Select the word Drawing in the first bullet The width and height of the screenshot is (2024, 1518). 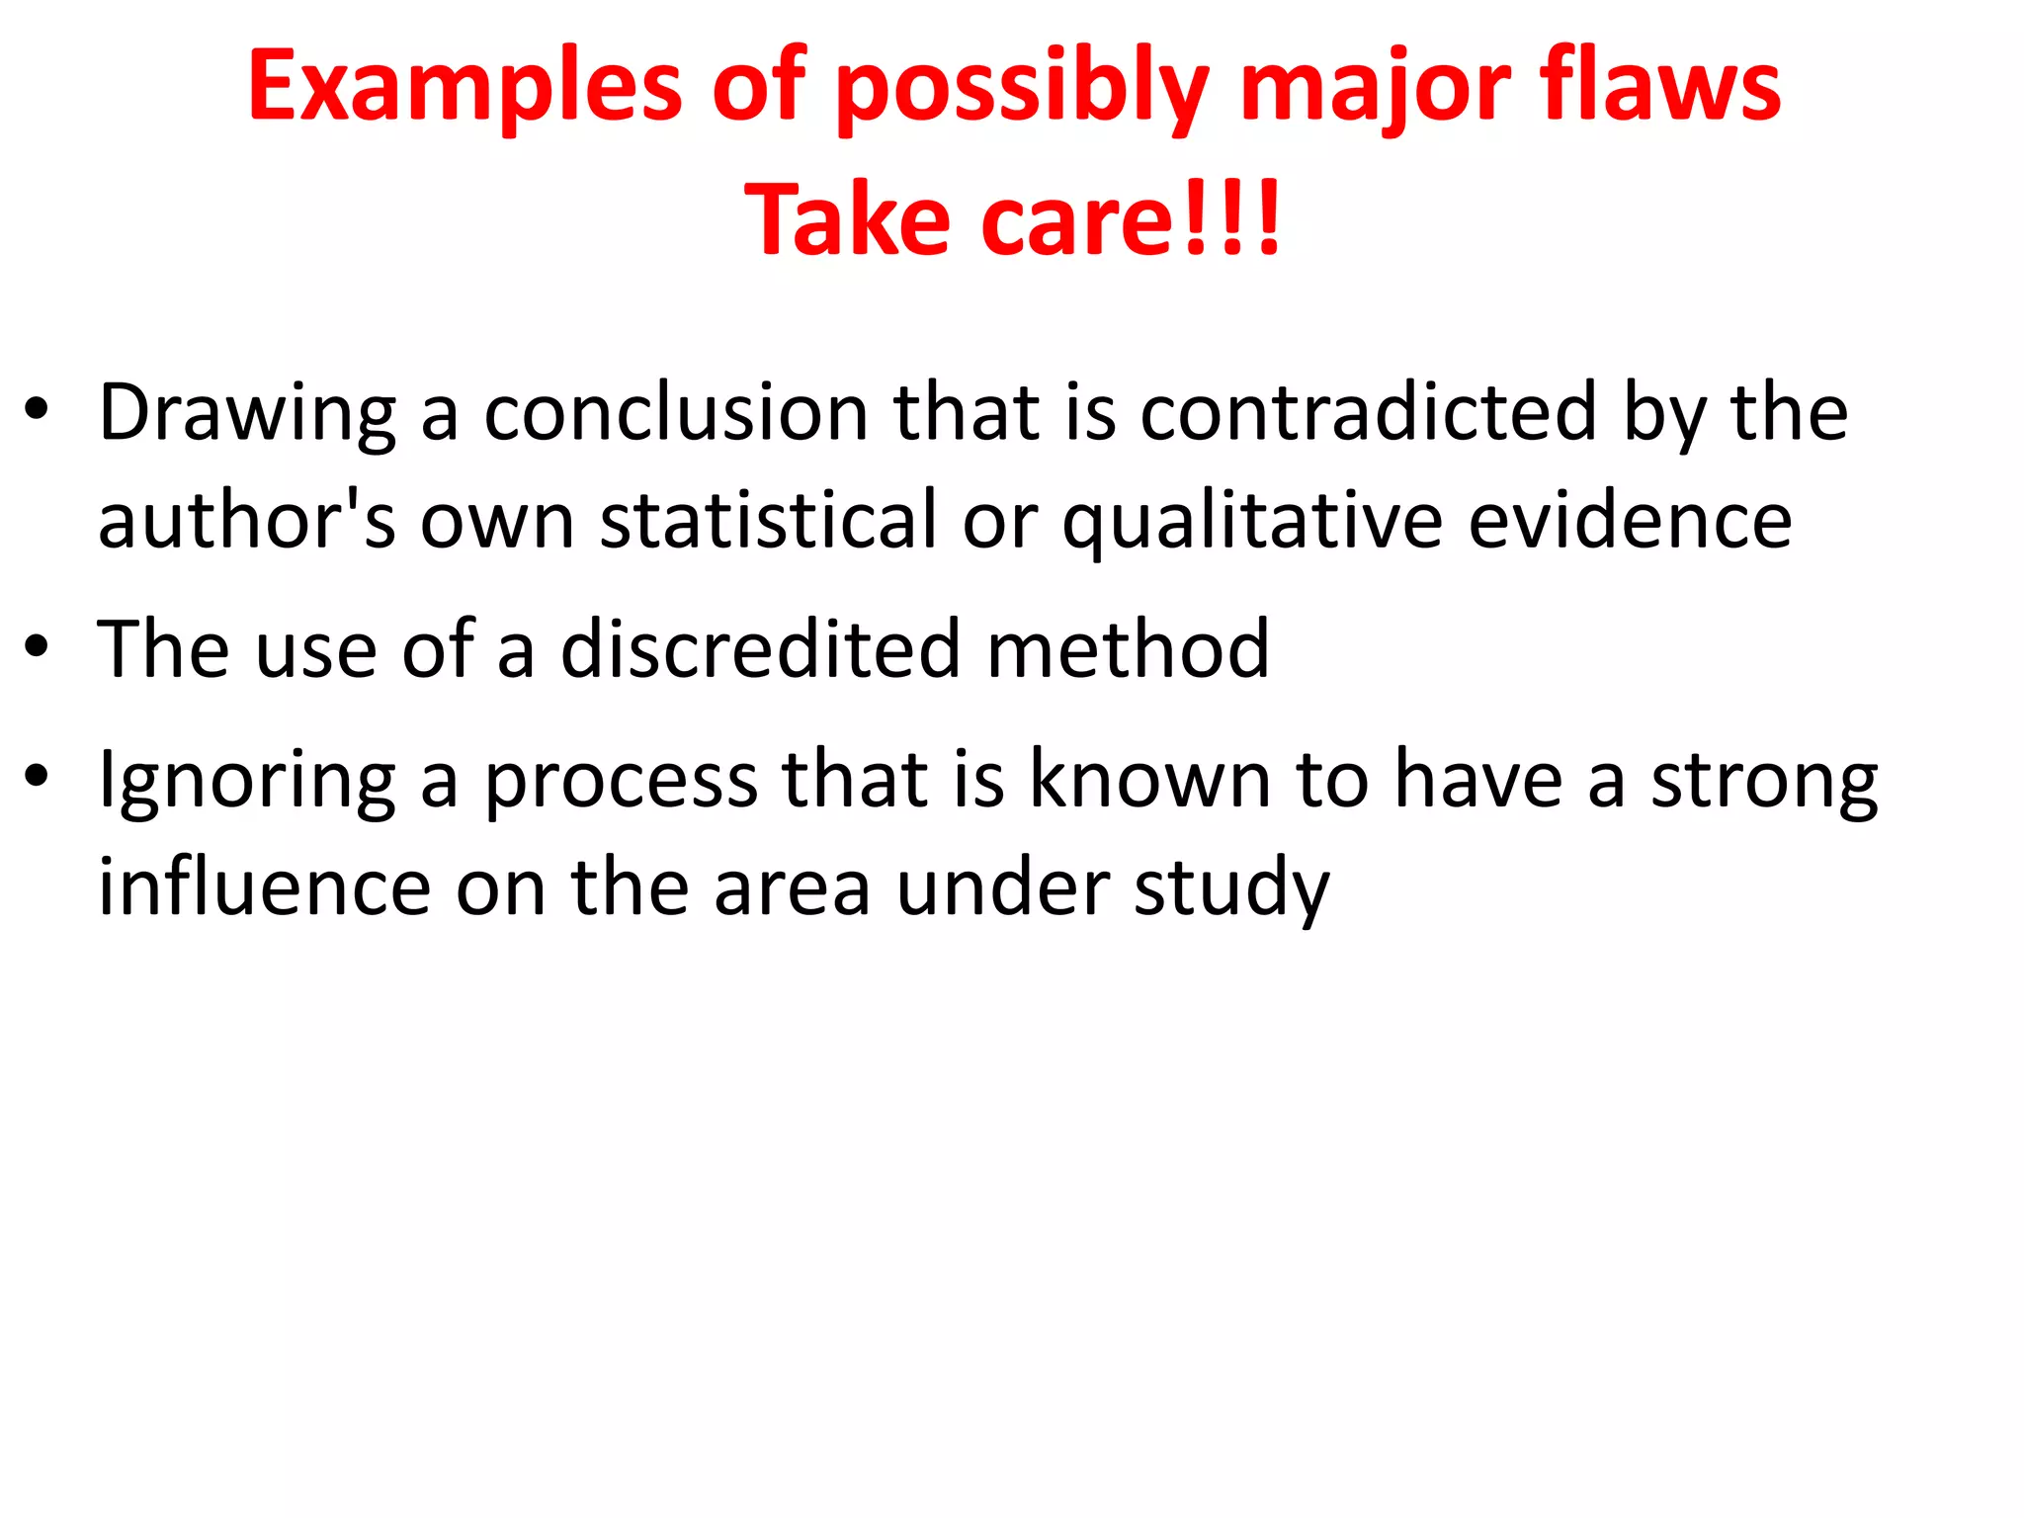pyautogui.click(x=247, y=413)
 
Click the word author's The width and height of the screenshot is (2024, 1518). pyautogui.click(x=247, y=520)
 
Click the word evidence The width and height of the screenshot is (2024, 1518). pyautogui.click(x=1630, y=520)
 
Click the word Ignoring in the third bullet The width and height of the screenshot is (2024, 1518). pyautogui.click(x=247, y=781)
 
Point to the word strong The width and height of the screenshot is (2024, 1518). pyautogui.click(x=1764, y=781)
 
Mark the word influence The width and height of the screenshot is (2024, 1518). pyautogui.click(x=265, y=886)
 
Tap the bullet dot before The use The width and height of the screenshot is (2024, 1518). pyautogui.click(x=38, y=647)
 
